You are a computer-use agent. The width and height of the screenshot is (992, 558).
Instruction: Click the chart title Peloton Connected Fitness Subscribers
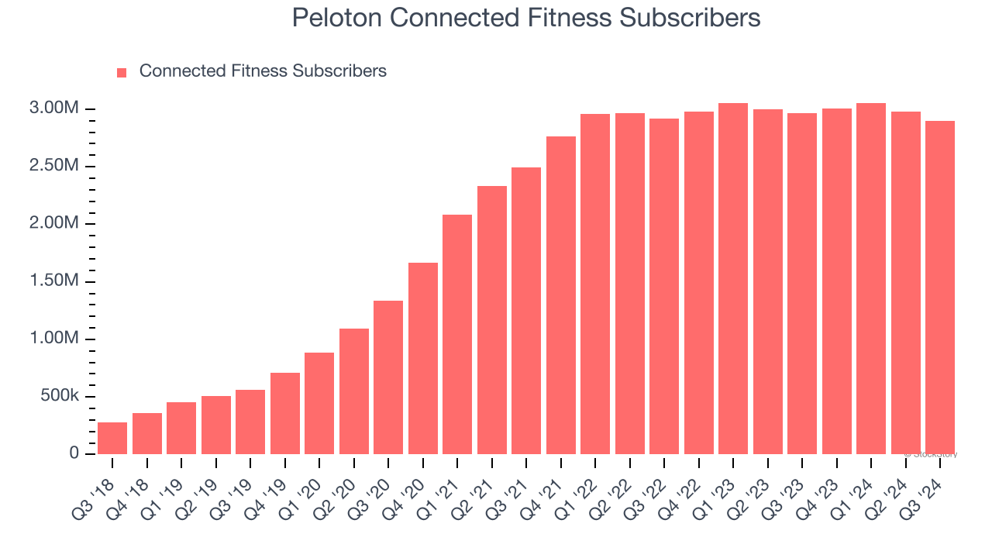(526, 18)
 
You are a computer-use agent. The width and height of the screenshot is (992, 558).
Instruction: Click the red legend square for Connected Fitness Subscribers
(122, 73)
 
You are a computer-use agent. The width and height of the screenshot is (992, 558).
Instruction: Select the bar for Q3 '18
(112, 438)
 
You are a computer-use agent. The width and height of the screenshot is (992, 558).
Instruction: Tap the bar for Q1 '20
(319, 403)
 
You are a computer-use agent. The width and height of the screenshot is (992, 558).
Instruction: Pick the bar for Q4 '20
(423, 358)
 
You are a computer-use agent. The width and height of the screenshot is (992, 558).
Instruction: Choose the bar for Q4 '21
(561, 295)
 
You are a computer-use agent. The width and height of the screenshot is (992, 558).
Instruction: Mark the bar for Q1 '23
(733, 278)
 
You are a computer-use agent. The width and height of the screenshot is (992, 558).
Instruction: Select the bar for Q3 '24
(940, 288)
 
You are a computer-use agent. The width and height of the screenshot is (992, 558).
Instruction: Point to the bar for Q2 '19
(216, 425)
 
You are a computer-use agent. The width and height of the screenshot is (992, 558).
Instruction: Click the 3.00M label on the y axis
(54, 108)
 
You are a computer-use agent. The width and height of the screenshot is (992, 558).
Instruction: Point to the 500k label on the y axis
(59, 396)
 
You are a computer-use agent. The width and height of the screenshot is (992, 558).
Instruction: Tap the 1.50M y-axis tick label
(54, 281)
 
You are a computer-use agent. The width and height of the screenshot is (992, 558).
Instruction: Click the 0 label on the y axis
(74, 453)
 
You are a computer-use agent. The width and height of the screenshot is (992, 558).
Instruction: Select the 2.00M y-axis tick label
(54, 223)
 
